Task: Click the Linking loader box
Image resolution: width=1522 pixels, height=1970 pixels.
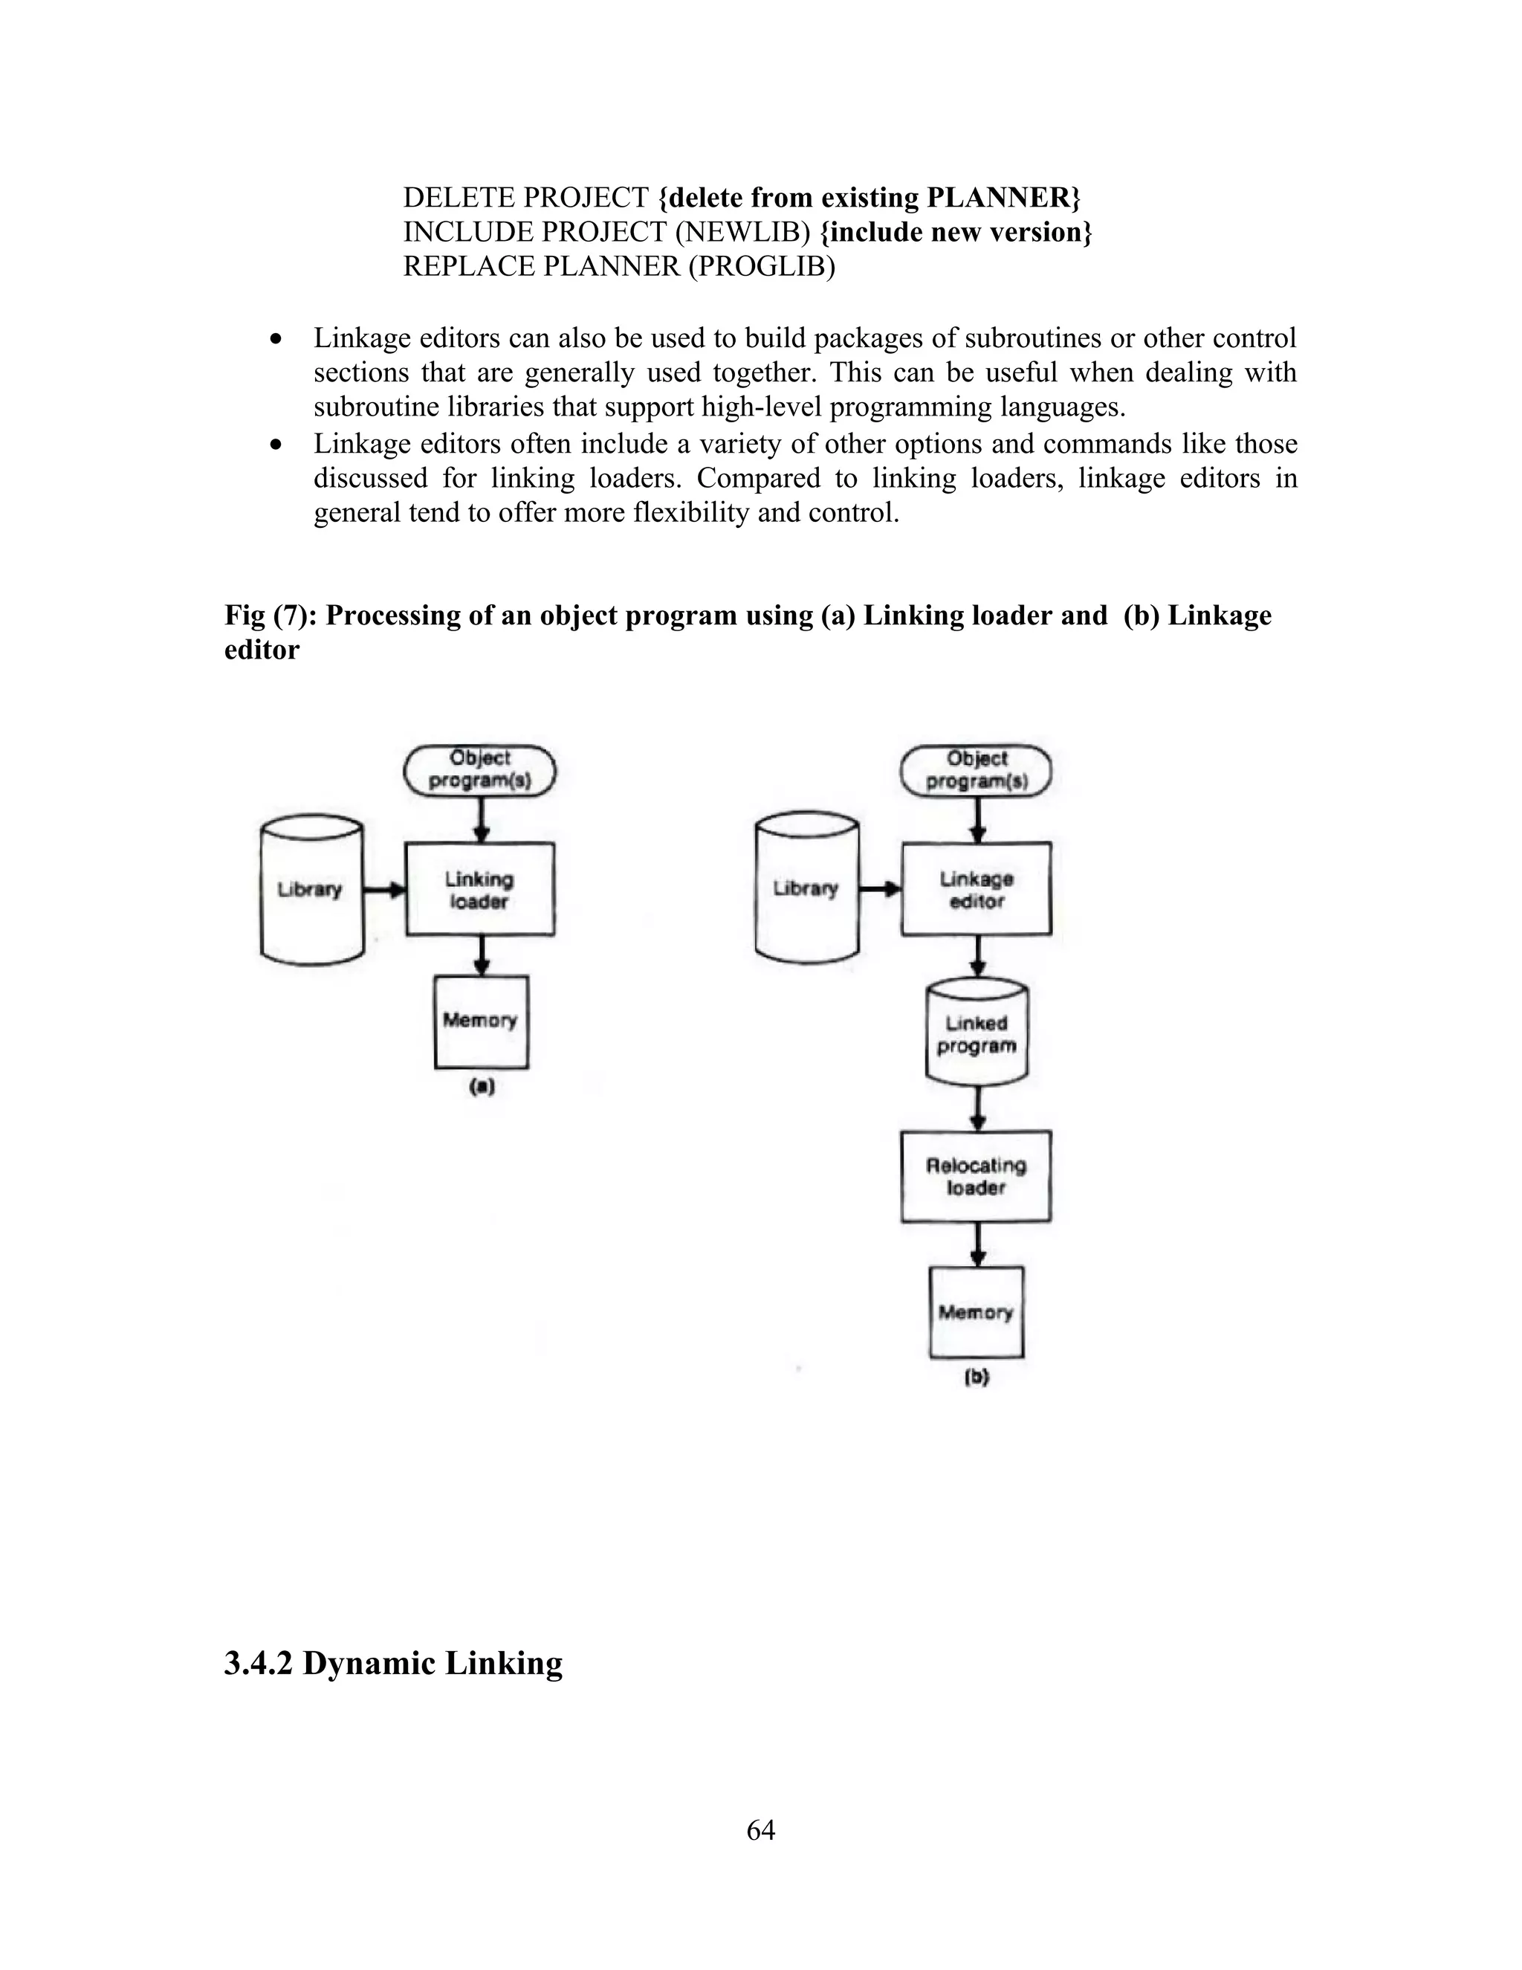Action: (x=479, y=889)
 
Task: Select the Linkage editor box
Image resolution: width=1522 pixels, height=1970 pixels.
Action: (x=976, y=889)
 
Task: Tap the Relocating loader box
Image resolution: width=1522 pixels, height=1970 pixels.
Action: (x=976, y=1176)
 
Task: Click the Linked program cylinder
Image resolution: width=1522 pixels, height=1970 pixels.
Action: (x=977, y=1034)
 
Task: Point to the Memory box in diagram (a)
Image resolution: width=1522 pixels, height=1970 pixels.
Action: (x=481, y=1021)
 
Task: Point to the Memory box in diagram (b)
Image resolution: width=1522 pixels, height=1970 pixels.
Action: (x=976, y=1312)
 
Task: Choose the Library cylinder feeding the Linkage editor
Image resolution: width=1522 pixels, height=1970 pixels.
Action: (x=806, y=888)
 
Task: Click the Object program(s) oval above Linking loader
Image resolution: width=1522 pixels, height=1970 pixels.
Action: (x=479, y=769)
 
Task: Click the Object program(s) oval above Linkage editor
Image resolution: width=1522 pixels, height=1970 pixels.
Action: (x=977, y=770)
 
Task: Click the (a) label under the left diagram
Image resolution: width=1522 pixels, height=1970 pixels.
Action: (x=482, y=1087)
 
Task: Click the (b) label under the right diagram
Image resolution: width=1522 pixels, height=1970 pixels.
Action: (x=977, y=1378)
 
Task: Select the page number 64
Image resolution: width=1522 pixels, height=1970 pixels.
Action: (x=760, y=1829)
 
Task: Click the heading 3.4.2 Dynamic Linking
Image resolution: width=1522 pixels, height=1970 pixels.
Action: (x=393, y=1662)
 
